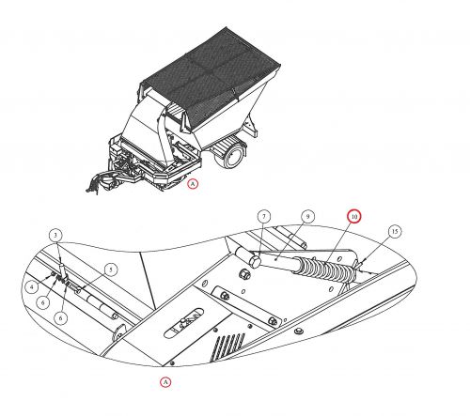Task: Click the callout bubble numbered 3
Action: (x=55, y=236)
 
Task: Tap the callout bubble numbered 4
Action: (x=32, y=286)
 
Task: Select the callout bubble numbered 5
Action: (x=110, y=270)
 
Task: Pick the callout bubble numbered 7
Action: (x=264, y=216)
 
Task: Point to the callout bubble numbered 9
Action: (x=307, y=216)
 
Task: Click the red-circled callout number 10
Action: (x=354, y=216)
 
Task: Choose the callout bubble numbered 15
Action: (x=395, y=231)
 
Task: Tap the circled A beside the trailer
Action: (x=193, y=184)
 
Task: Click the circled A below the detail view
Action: (x=165, y=382)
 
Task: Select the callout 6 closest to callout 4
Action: (x=43, y=302)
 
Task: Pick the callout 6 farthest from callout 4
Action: (x=60, y=318)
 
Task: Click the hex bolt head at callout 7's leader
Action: (x=255, y=262)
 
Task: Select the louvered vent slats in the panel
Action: (x=229, y=346)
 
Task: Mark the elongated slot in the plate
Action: (x=183, y=323)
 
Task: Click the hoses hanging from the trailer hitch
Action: (x=97, y=182)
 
